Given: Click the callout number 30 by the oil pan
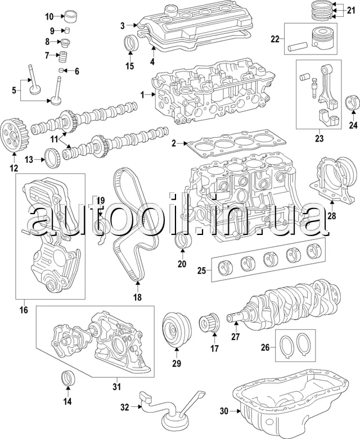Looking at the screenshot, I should (x=224, y=411).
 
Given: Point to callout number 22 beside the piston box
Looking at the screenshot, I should (x=275, y=39).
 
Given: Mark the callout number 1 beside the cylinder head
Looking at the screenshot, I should (x=143, y=94).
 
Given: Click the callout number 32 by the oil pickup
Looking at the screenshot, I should (x=125, y=406).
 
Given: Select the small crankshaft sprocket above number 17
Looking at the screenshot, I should (x=209, y=325).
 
